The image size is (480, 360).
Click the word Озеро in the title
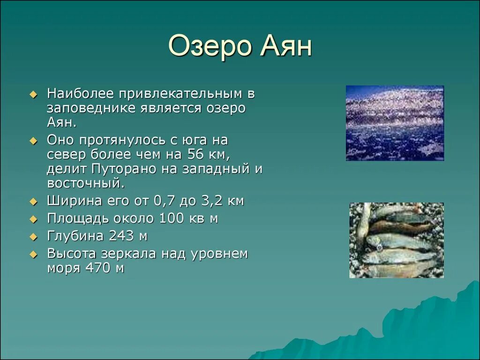210,46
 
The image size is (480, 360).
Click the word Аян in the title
286,46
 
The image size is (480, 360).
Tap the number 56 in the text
195,154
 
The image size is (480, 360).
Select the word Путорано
124,169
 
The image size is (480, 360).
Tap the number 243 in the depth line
121,236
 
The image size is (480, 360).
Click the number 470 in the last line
98,268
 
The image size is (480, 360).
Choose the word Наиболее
80,94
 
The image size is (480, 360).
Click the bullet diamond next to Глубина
33,237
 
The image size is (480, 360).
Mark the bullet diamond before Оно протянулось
33,141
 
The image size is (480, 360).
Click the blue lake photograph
395,123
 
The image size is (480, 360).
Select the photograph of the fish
397,240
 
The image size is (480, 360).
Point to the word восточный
85,183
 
